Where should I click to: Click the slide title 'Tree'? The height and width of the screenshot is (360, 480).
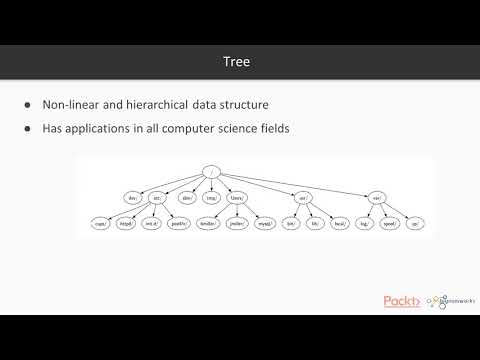coord(240,62)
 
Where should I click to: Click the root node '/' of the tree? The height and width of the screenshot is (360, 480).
coord(211,173)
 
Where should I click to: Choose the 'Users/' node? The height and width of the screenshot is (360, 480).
coord(238,198)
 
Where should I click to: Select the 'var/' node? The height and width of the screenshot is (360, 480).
coord(376,198)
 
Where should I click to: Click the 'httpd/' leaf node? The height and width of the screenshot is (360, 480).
coord(128,224)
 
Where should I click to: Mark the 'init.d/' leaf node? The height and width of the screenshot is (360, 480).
coord(153,224)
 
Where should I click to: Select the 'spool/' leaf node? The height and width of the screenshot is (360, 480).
coord(390,224)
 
